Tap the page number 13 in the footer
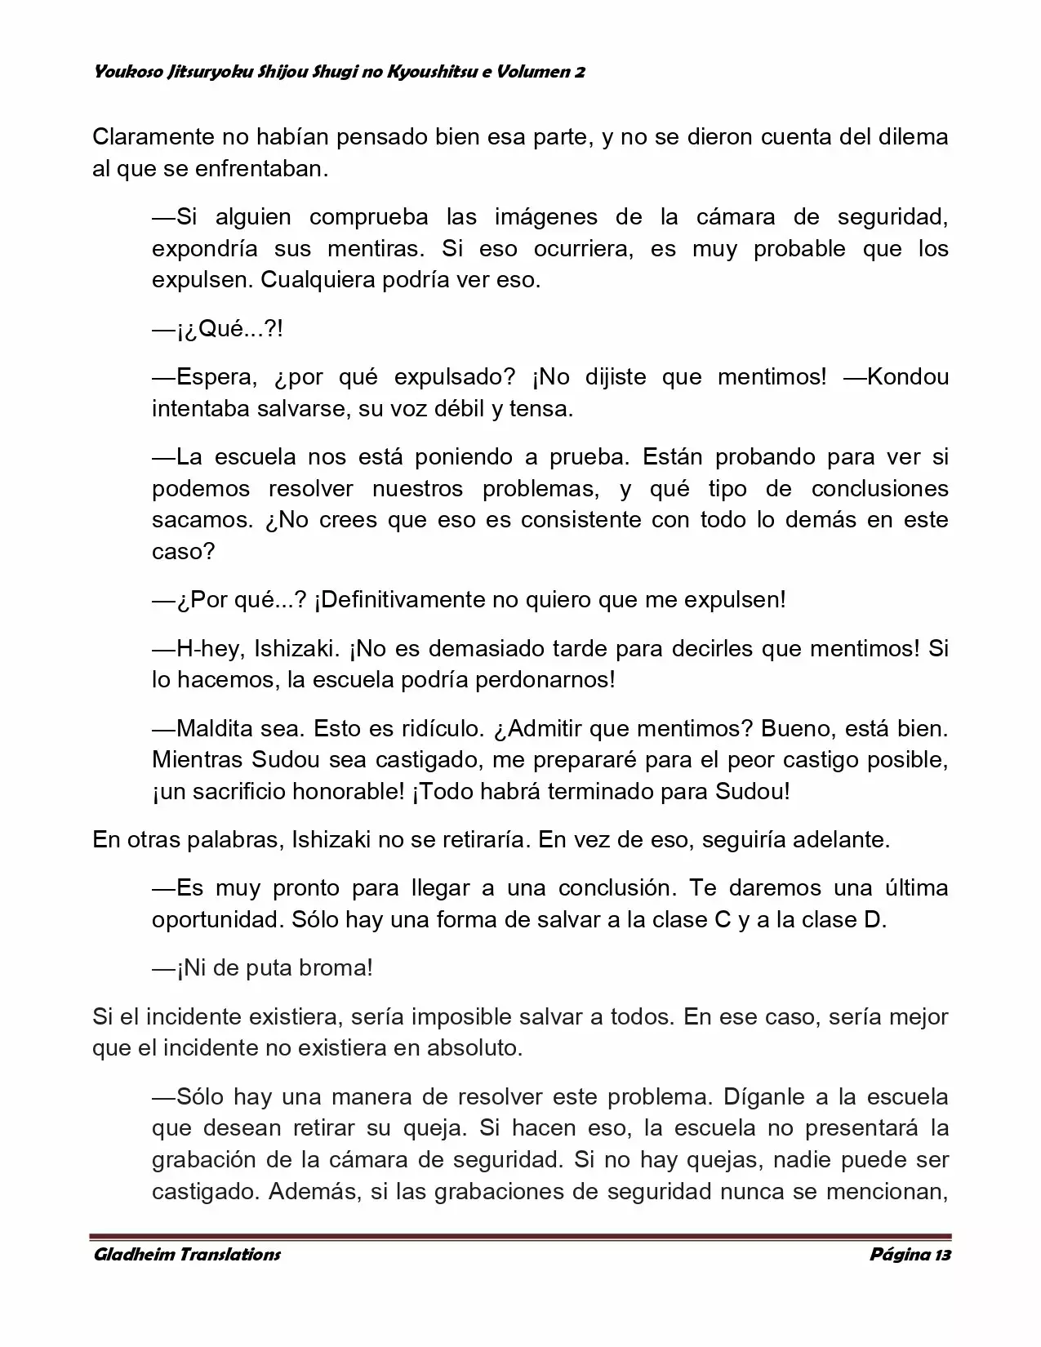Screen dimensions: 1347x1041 (943, 1255)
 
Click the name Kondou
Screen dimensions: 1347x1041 (908, 377)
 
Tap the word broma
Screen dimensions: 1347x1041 (336, 968)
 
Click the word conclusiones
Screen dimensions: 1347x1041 (879, 489)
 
